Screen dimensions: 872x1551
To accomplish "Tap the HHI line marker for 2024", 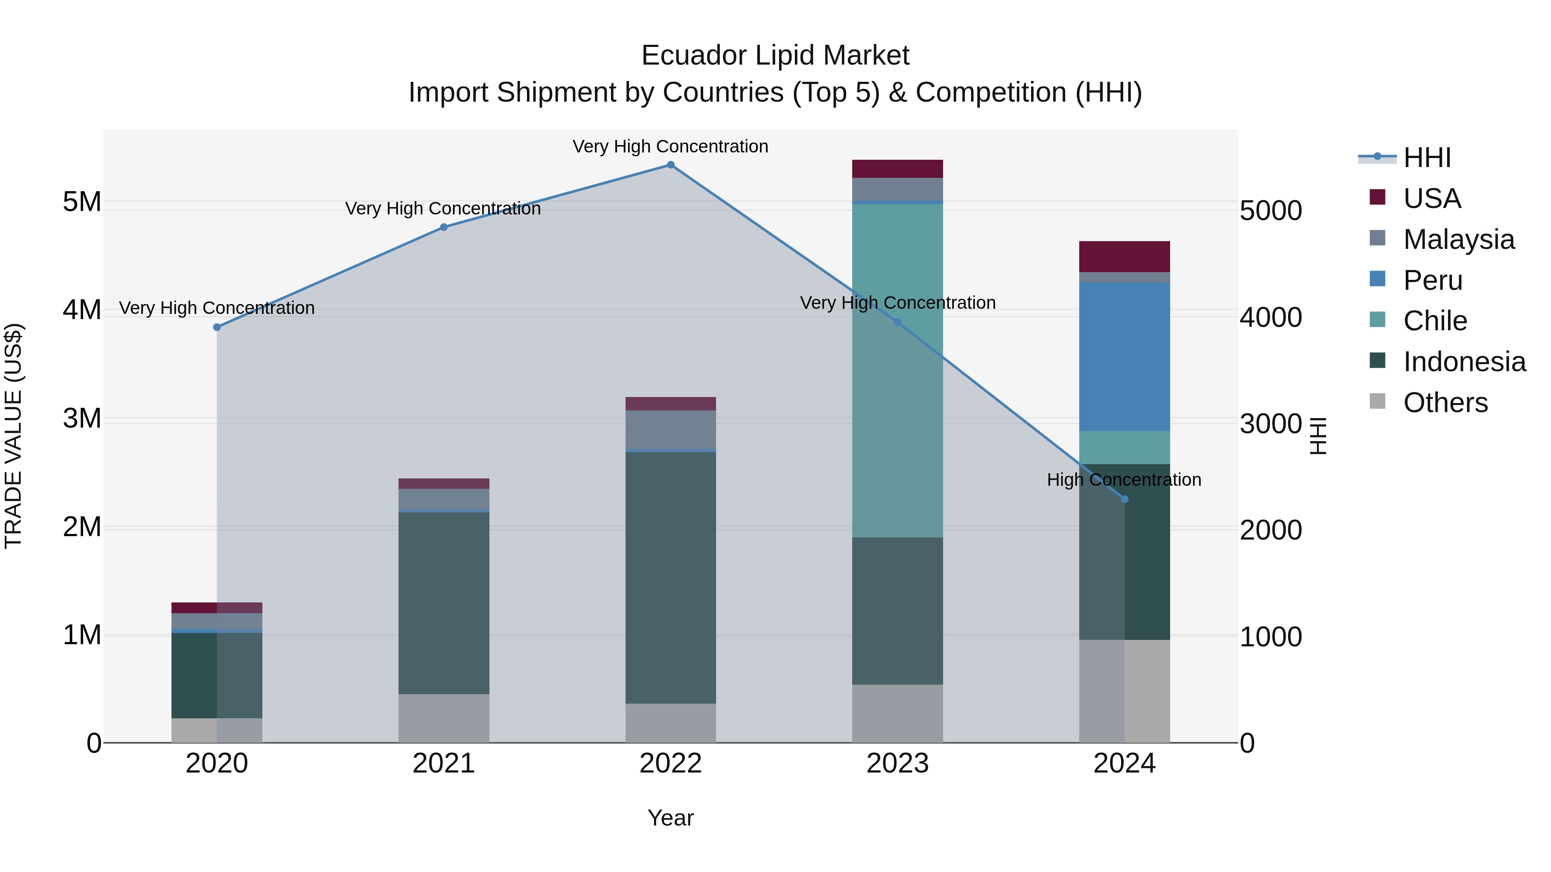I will point(1124,500).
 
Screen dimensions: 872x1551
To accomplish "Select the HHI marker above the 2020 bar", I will point(217,327).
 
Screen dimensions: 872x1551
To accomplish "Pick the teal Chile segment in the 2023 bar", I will point(897,370).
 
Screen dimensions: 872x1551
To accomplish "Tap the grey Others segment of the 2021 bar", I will point(444,718).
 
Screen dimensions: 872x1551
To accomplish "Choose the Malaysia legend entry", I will point(1458,239).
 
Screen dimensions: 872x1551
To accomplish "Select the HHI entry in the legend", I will point(1426,158).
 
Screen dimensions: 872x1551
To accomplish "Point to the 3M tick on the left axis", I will point(82,418).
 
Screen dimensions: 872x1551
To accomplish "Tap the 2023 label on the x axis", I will point(897,763).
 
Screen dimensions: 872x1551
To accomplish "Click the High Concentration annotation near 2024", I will point(1124,480).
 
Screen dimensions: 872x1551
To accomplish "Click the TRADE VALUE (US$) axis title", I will point(13,436).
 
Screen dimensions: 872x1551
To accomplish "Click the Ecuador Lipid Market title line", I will point(775,56).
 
